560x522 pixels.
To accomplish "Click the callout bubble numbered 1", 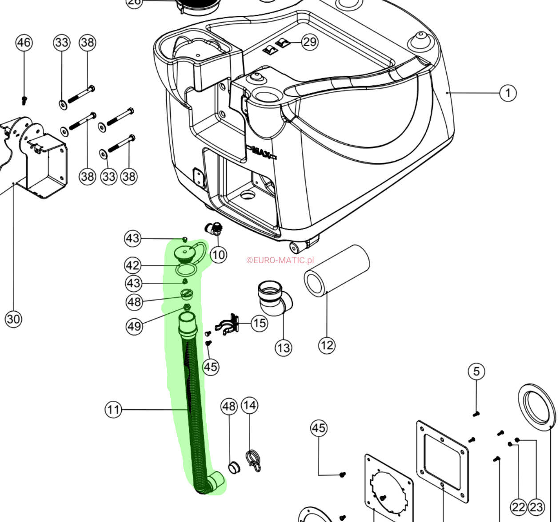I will click(x=508, y=93).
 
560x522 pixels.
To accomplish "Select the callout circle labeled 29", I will click(x=310, y=42).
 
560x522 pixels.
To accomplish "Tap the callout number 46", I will click(x=24, y=43).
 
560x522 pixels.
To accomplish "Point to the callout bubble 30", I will click(x=13, y=319).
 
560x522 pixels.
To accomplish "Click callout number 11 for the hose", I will click(x=113, y=409).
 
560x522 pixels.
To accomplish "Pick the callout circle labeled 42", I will click(x=133, y=265).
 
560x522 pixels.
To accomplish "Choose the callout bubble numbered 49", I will click(x=134, y=326).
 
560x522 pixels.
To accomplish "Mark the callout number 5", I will click(x=476, y=372).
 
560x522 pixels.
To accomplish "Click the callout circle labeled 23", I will click(x=536, y=507).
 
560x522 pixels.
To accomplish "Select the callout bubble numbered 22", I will click(x=519, y=507).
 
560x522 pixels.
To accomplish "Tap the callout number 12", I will click(x=327, y=345).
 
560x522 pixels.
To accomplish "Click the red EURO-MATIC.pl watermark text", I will click(x=280, y=260).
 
